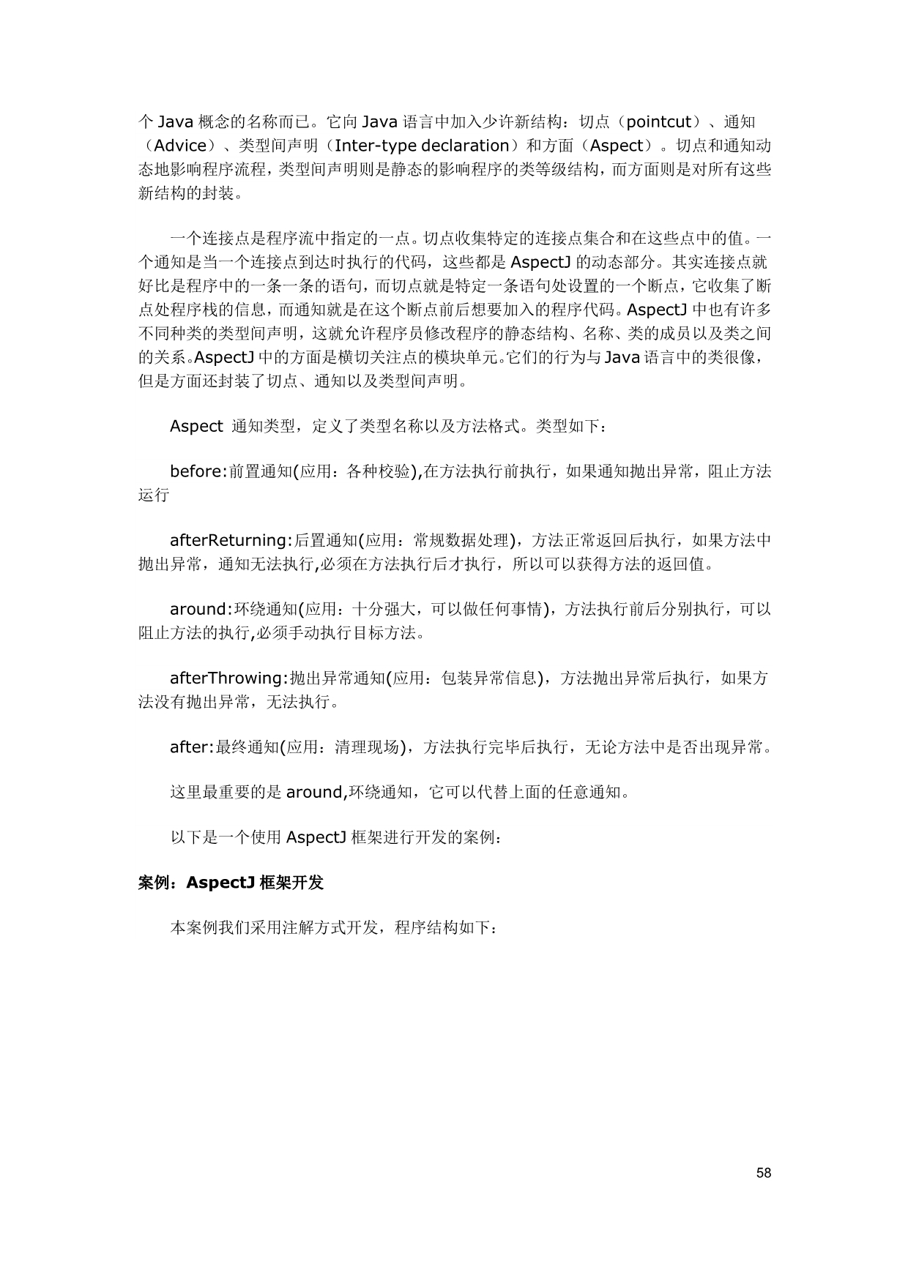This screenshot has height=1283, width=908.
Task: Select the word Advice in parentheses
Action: click(181, 146)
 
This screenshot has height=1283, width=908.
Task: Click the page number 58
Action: click(764, 1173)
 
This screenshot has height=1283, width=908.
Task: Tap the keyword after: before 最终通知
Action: click(191, 747)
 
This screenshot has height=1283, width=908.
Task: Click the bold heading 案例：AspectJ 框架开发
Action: click(231, 883)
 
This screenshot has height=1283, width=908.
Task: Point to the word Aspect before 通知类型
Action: click(196, 426)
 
